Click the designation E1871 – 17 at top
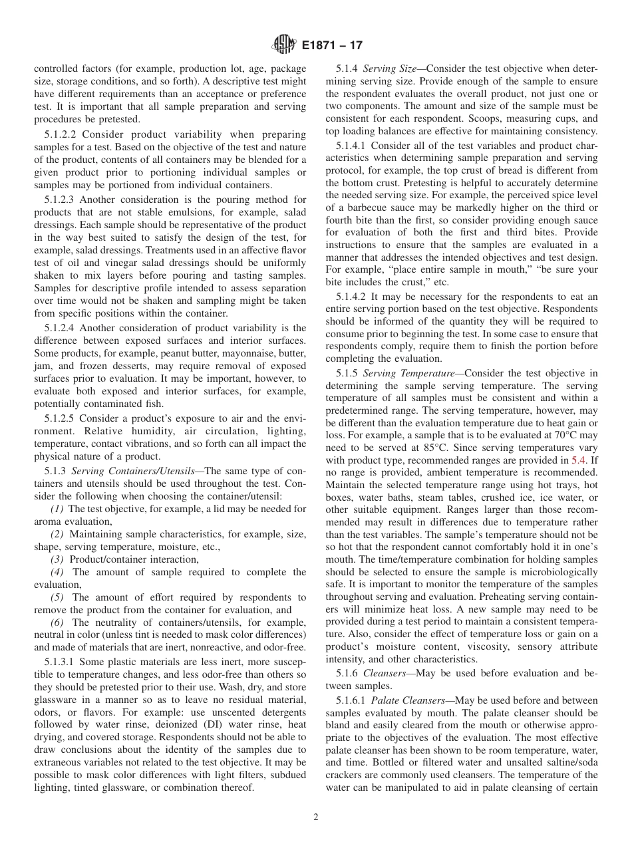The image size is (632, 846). pos(332,46)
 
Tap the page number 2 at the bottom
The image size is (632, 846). pos(316,817)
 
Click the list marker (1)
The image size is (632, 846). pos(57,509)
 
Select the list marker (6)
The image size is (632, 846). pos(57,623)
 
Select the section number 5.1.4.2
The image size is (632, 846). pos(353,297)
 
